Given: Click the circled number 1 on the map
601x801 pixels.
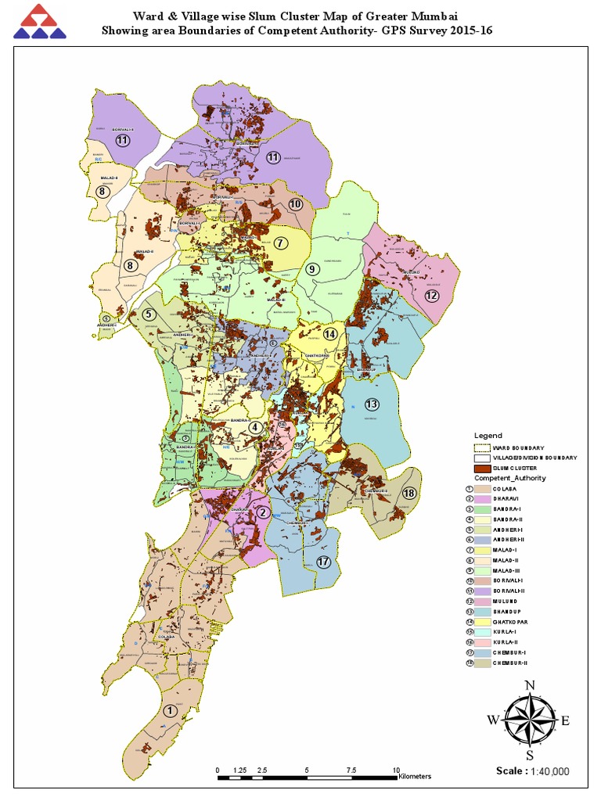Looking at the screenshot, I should click(x=169, y=710).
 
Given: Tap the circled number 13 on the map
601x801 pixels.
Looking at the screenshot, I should click(x=371, y=404).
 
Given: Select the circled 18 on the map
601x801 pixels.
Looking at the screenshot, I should click(x=408, y=494).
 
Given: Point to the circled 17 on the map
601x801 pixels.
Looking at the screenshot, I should click(x=324, y=562).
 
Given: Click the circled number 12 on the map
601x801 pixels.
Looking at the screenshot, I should click(x=431, y=296).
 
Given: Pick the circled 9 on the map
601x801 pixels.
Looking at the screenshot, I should click(x=311, y=269).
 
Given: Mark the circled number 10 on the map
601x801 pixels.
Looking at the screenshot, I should click(x=295, y=204).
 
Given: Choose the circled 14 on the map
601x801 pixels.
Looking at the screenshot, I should click(x=330, y=334).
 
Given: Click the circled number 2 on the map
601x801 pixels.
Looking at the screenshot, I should click(x=264, y=512).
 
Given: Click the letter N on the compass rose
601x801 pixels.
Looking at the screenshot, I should click(x=529, y=686).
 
